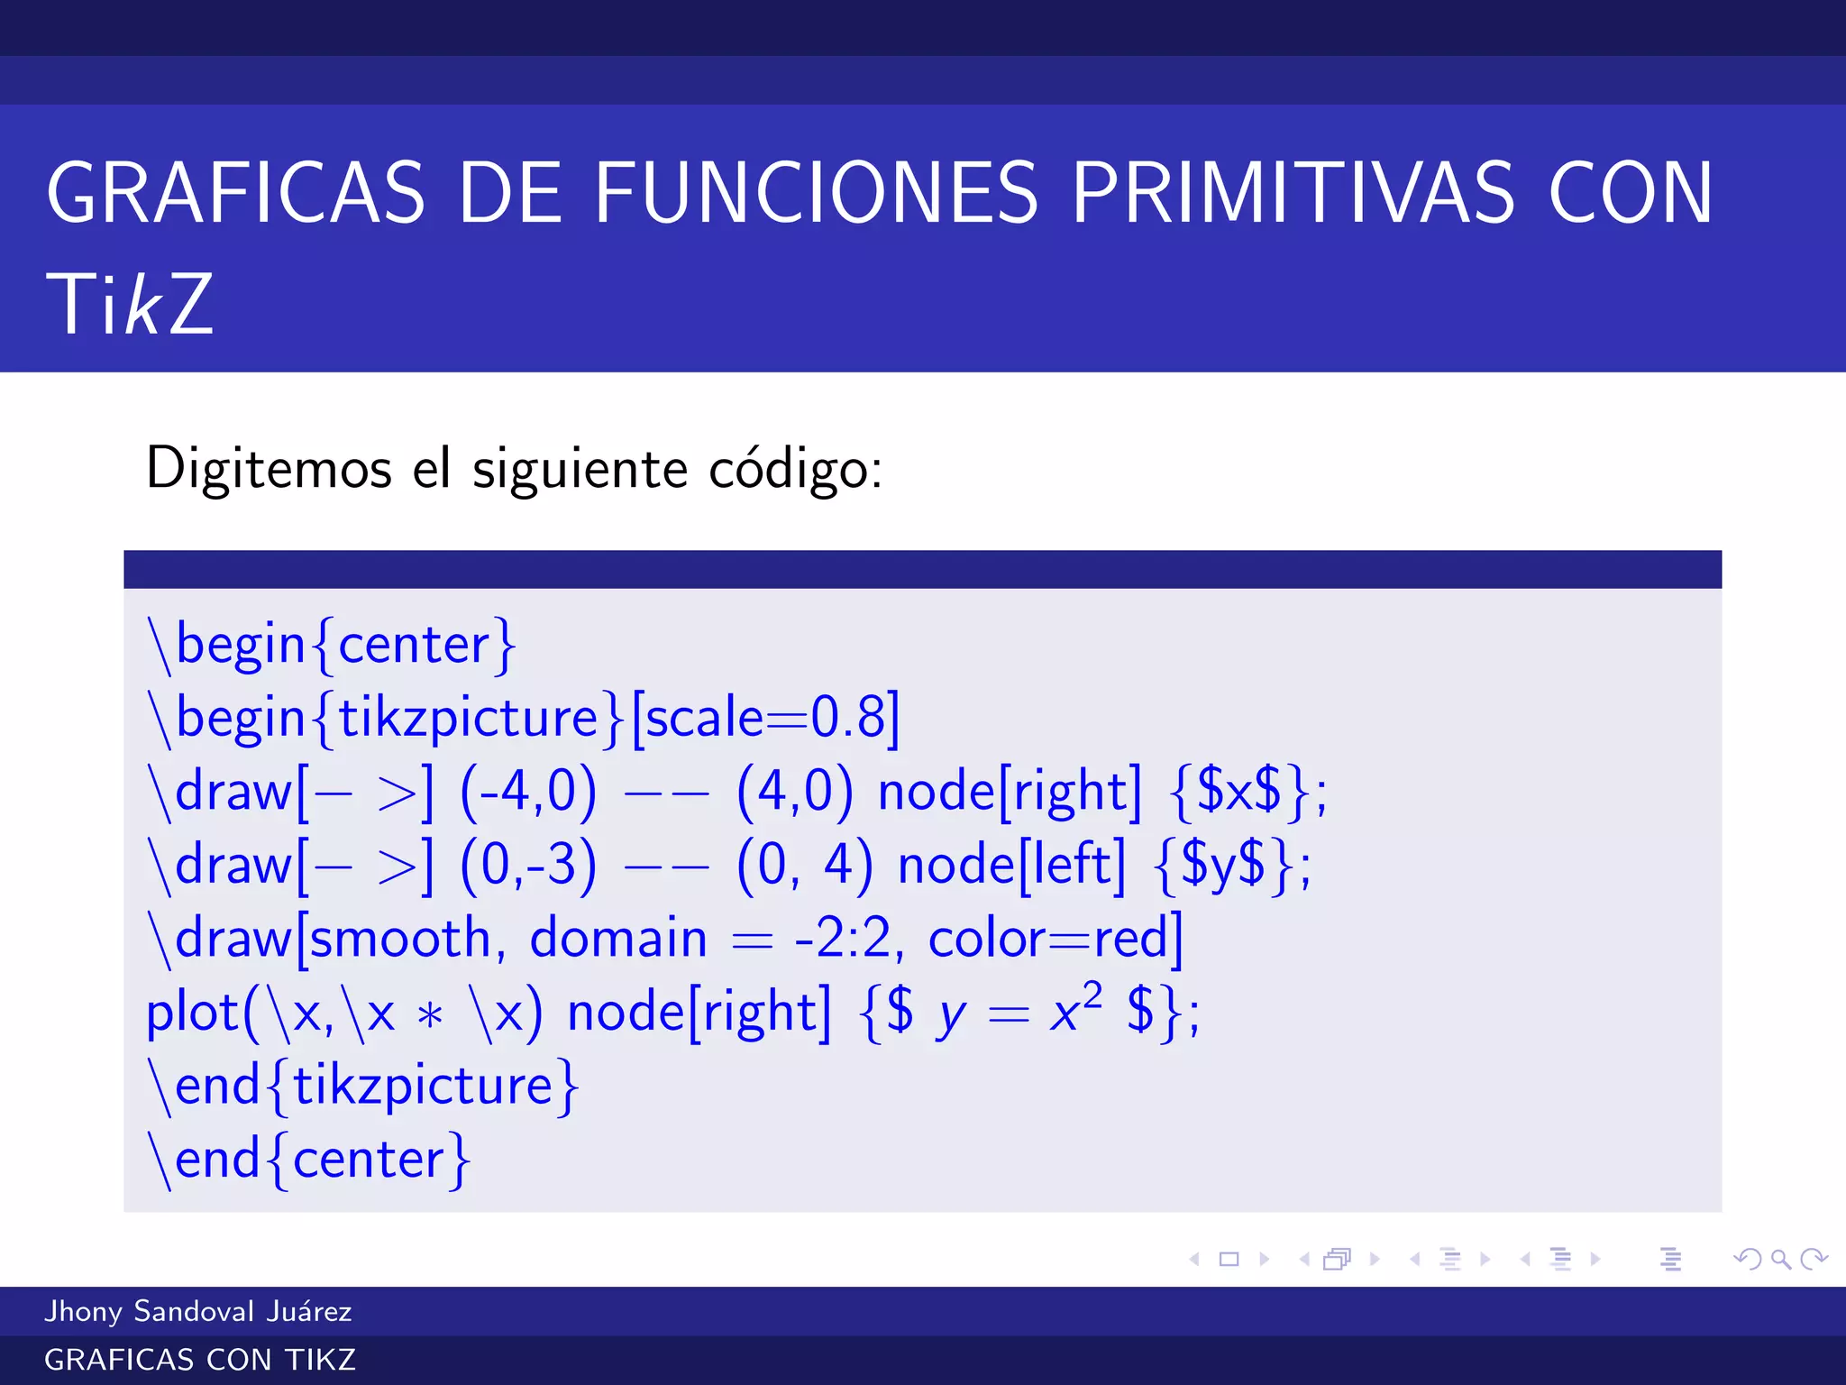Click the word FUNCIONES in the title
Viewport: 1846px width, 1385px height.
(816, 193)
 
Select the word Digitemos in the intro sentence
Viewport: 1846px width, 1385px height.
(269, 469)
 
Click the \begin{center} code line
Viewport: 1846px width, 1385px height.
(332, 646)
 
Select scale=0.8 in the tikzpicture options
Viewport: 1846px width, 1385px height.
(764, 719)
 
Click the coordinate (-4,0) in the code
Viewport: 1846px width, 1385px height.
(528, 792)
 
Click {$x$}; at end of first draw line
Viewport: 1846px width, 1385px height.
(1247, 792)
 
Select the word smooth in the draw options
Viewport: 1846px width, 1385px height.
(400, 939)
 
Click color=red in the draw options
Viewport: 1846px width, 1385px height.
(1053, 939)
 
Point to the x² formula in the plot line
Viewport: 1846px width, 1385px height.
(1074, 1010)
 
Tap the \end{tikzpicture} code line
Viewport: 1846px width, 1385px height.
(363, 1086)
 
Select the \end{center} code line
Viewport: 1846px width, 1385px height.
(309, 1160)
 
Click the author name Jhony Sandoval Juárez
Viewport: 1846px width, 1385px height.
(198, 1311)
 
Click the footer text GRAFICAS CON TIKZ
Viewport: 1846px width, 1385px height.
(200, 1360)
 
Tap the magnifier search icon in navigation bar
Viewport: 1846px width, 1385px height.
(1780, 1259)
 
